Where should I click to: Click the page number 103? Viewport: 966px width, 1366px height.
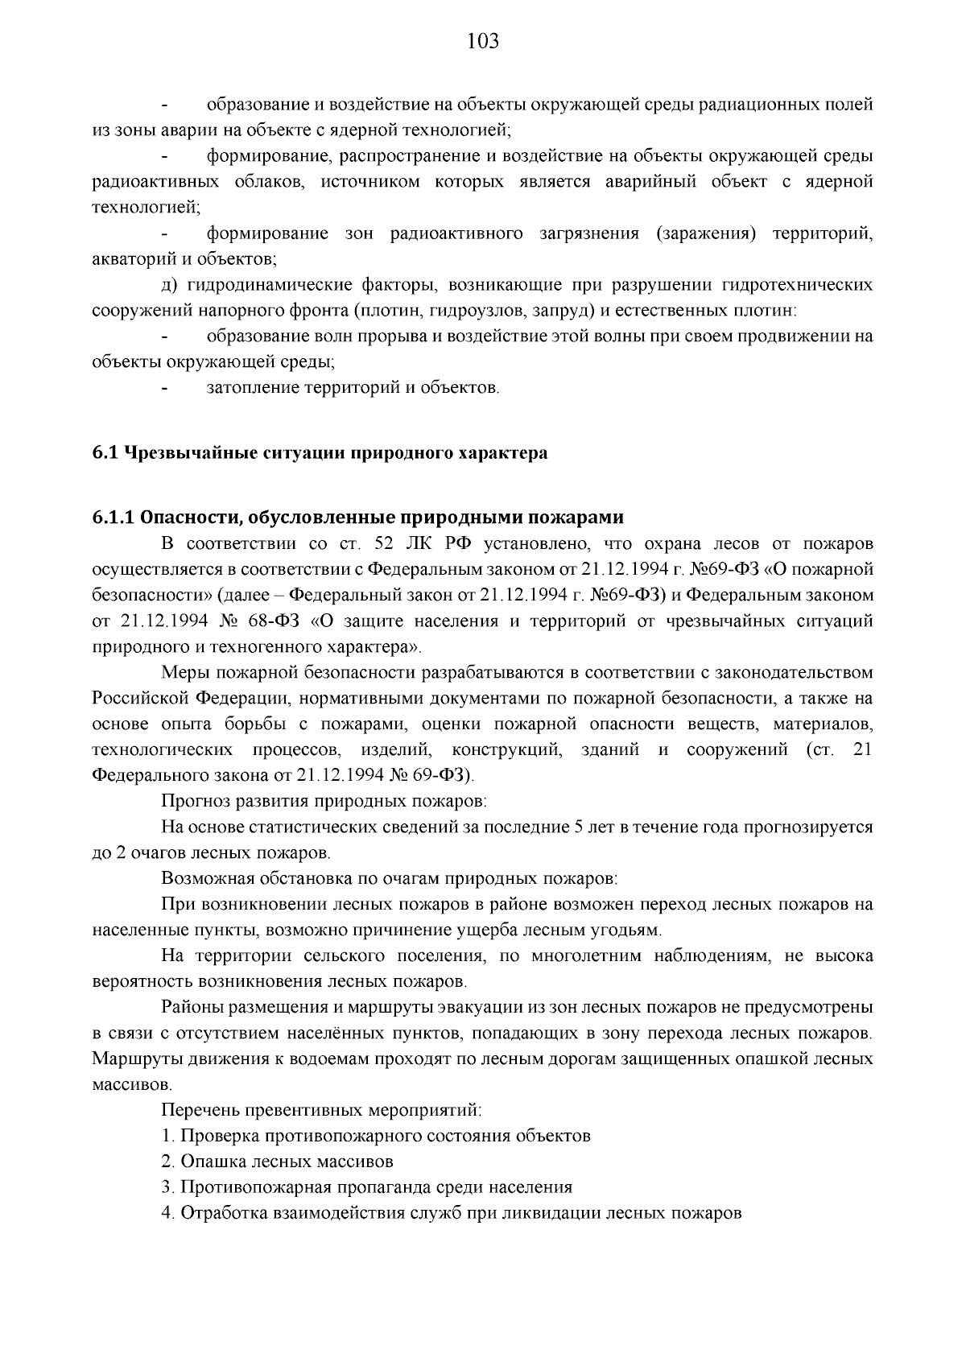(483, 41)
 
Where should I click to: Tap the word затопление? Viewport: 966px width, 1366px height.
(253, 388)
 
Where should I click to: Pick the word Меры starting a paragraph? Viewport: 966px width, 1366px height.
(184, 671)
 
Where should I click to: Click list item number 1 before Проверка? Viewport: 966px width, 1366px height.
(167, 1136)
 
